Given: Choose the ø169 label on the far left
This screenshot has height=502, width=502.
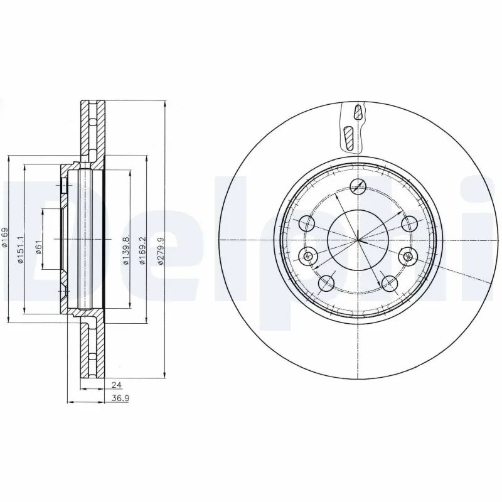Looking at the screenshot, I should click(x=5, y=240).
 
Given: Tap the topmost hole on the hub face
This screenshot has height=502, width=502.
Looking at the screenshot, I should click(x=358, y=185).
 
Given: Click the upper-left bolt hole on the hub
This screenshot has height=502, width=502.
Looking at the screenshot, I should click(x=307, y=223).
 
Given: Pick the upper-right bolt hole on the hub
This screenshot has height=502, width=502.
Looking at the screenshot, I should click(x=409, y=223).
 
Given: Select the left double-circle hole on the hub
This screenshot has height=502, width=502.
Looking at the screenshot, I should click(x=307, y=255).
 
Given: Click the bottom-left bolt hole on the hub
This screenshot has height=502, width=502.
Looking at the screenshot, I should click(x=326, y=283).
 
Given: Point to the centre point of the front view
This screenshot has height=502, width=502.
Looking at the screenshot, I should click(x=358, y=240).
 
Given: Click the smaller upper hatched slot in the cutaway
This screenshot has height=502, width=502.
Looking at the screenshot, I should click(x=358, y=113).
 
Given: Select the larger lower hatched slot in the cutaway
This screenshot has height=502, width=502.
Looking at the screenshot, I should click(x=350, y=137).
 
